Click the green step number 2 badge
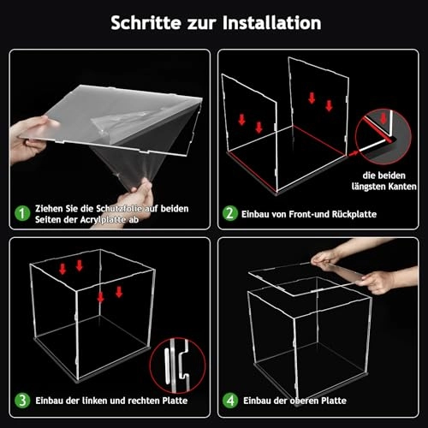pyautogui.click(x=229, y=213)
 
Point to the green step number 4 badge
pyautogui.click(x=229, y=401)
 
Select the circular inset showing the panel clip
pyautogui.click(x=177, y=365)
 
